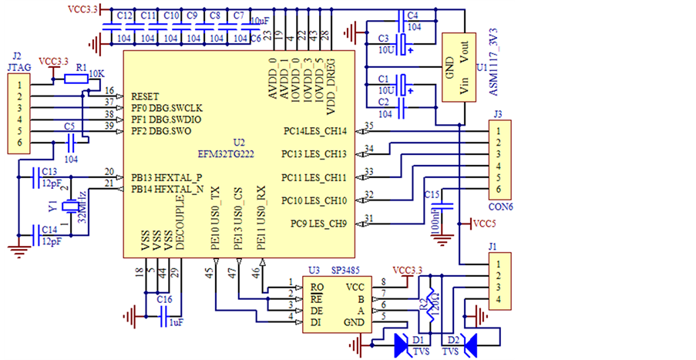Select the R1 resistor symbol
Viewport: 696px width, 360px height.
[76, 79]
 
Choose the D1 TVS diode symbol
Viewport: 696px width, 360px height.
[403, 345]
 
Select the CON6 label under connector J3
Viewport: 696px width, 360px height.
[501, 207]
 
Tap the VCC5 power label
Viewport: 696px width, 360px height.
[484, 224]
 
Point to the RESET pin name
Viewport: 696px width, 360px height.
[145, 96]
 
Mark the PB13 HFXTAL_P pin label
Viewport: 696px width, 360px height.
[166, 177]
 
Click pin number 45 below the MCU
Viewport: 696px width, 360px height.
[210, 271]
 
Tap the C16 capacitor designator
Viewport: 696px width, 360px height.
[164, 298]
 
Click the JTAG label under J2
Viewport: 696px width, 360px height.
[18, 67]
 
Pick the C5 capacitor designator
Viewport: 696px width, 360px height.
[69, 126]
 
